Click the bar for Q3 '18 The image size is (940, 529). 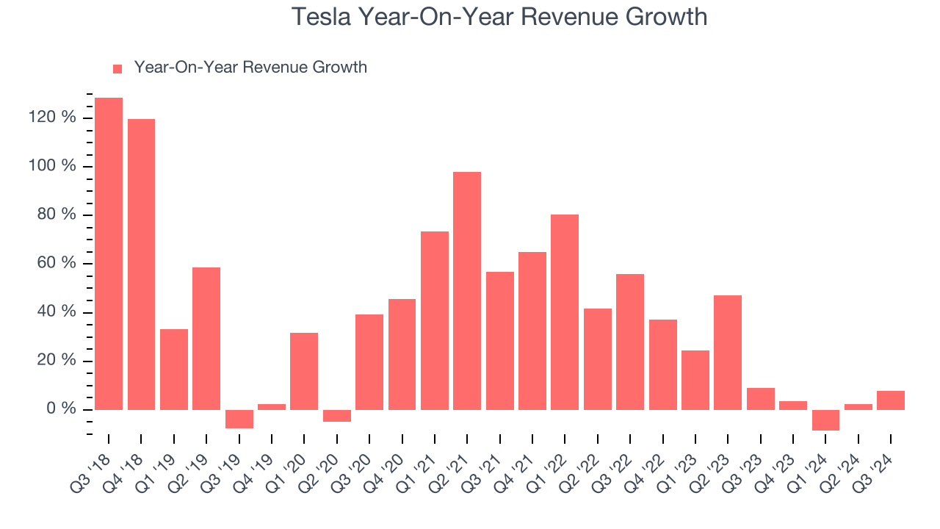tap(109, 253)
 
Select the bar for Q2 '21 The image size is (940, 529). tap(467, 290)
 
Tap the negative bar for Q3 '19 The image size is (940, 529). tap(239, 419)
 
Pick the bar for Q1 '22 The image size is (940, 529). tap(565, 312)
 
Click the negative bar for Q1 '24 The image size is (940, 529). tap(825, 420)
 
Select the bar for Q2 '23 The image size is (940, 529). tap(728, 352)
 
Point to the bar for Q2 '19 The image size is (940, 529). tap(206, 338)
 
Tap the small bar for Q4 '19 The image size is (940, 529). tap(272, 406)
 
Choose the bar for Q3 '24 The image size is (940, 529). tap(891, 400)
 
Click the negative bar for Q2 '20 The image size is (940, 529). tap(337, 416)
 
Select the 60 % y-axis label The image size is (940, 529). tap(57, 264)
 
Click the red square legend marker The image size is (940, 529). tap(117, 68)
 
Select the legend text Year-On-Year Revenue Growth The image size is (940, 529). tap(250, 68)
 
